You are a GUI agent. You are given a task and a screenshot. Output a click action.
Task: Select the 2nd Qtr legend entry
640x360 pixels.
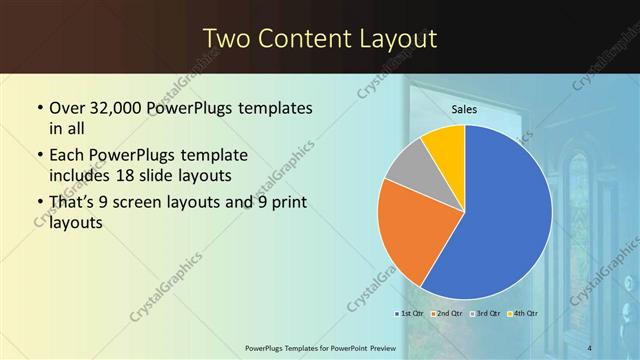coord(449,313)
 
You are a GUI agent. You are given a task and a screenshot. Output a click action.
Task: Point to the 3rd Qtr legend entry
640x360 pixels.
coord(487,313)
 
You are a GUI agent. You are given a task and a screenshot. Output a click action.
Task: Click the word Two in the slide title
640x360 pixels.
coord(228,39)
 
